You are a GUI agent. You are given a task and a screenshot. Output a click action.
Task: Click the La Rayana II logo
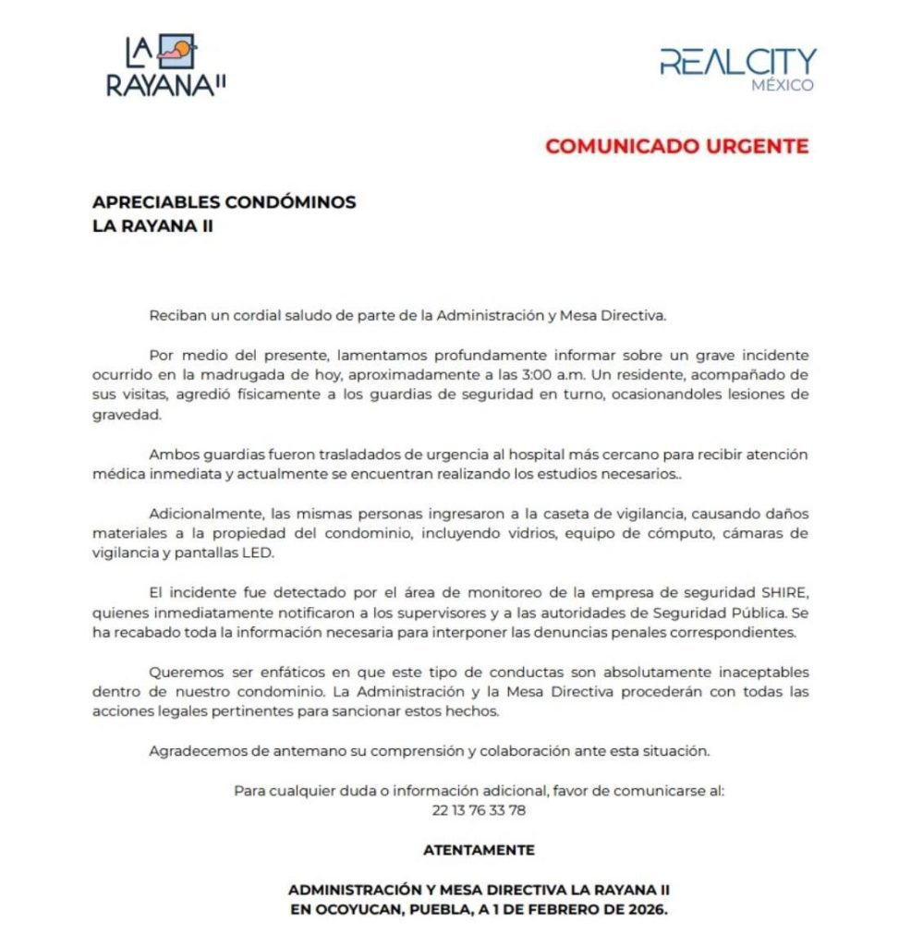166,66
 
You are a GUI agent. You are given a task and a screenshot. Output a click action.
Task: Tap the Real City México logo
737,69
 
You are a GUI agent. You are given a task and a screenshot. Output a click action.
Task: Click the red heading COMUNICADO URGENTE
676,146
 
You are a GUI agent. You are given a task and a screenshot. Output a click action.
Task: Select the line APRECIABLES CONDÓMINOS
225,202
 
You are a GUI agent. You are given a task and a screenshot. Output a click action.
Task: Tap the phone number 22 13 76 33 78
479,810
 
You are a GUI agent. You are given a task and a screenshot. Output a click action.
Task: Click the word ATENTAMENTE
479,849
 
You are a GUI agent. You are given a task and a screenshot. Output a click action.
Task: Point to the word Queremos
183,672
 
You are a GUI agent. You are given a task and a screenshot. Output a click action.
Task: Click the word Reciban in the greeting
175,315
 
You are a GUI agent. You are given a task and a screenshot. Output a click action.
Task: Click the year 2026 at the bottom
646,908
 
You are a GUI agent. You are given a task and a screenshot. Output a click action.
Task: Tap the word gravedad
126,415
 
